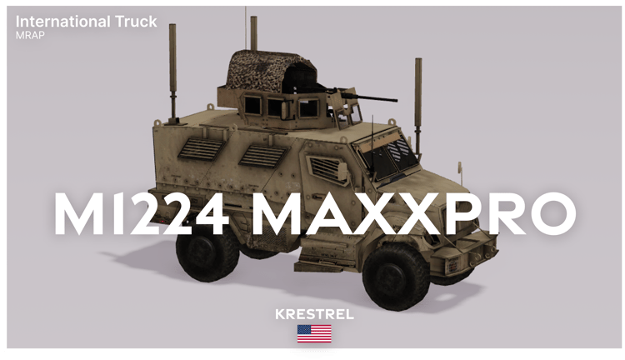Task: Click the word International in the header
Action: (63, 22)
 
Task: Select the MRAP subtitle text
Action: (30, 35)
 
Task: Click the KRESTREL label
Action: (314, 314)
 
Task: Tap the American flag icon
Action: (314, 333)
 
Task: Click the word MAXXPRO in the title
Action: (413, 213)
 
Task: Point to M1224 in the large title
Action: (142, 213)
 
